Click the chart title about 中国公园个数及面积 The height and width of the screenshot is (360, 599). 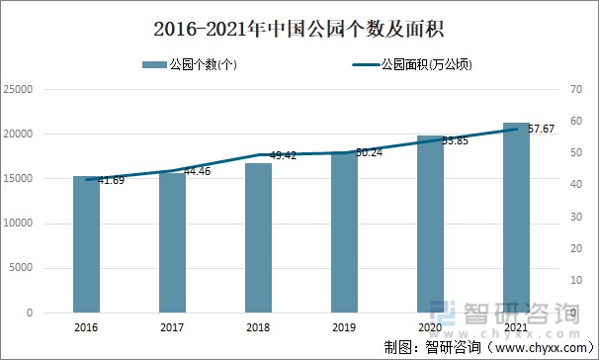299,25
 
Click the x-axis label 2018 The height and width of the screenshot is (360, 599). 258,326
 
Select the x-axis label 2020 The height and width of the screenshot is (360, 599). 430,326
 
